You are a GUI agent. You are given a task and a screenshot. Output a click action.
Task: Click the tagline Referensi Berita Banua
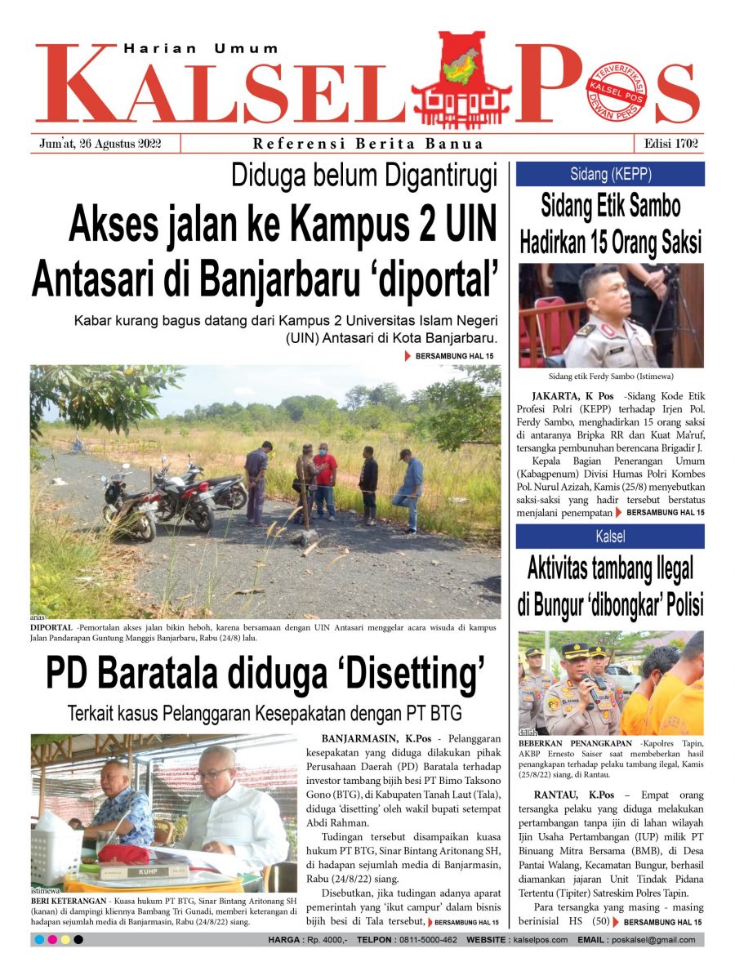368,144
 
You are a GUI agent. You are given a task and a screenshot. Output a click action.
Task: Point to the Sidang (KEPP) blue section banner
609,173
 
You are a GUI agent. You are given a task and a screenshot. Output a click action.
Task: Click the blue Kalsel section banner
609,537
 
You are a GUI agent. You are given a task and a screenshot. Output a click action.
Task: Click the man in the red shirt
325,478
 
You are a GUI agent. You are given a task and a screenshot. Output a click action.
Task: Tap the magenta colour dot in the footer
52,940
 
